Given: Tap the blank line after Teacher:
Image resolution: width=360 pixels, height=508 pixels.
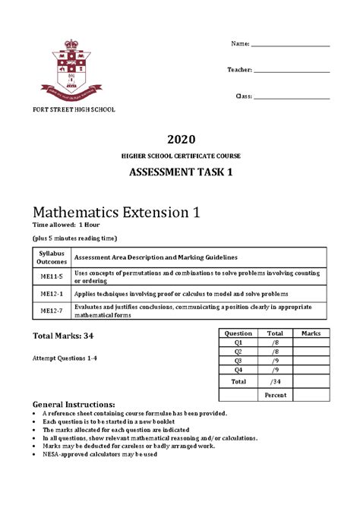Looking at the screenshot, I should pyautogui.click(x=292, y=72).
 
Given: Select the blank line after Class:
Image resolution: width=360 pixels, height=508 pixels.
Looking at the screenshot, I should pyautogui.click(x=292, y=98).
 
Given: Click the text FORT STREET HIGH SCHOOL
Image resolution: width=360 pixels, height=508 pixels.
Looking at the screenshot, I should pyautogui.click(x=74, y=110).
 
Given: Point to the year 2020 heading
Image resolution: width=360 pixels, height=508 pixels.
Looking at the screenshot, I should pyautogui.click(x=180, y=139).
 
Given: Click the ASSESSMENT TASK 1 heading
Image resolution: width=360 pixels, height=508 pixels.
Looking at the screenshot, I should pyautogui.click(x=180, y=172).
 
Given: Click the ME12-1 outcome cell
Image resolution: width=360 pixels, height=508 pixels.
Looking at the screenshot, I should pyautogui.click(x=52, y=292).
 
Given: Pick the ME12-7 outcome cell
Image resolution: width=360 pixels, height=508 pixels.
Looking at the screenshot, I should pyautogui.click(x=52, y=310).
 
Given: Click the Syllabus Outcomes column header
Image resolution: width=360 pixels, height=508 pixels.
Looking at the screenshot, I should pyautogui.click(x=52, y=257).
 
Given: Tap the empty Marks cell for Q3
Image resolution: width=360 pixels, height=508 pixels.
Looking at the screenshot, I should pyautogui.click(x=311, y=361).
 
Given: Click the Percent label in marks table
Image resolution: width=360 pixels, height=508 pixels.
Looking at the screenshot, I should pyautogui.click(x=275, y=396).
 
